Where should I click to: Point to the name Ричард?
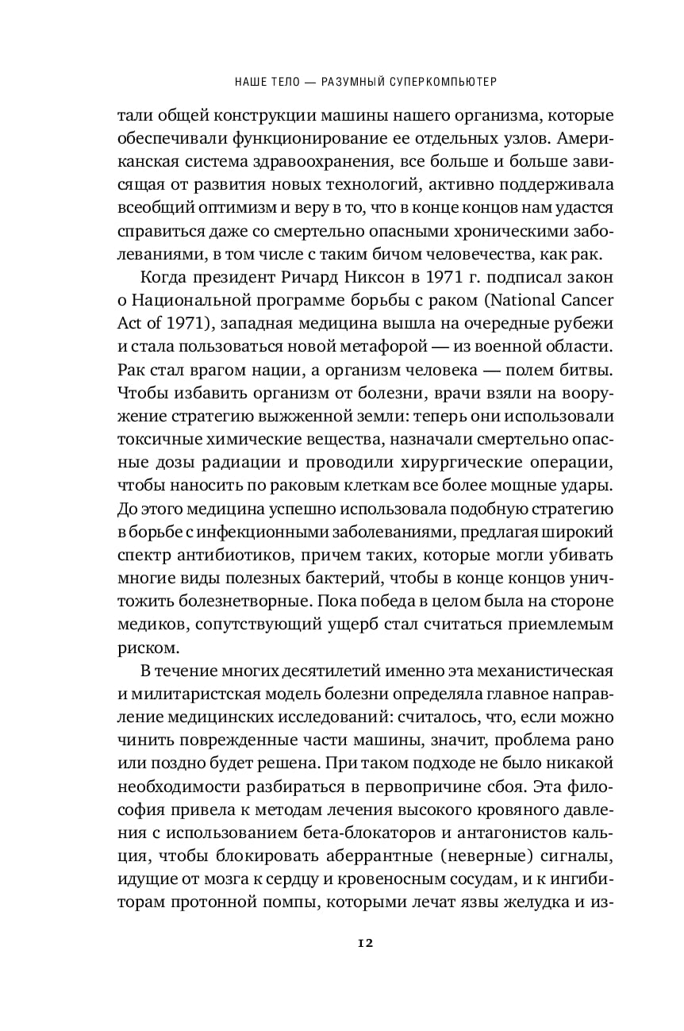pyautogui.click(x=275, y=279)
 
